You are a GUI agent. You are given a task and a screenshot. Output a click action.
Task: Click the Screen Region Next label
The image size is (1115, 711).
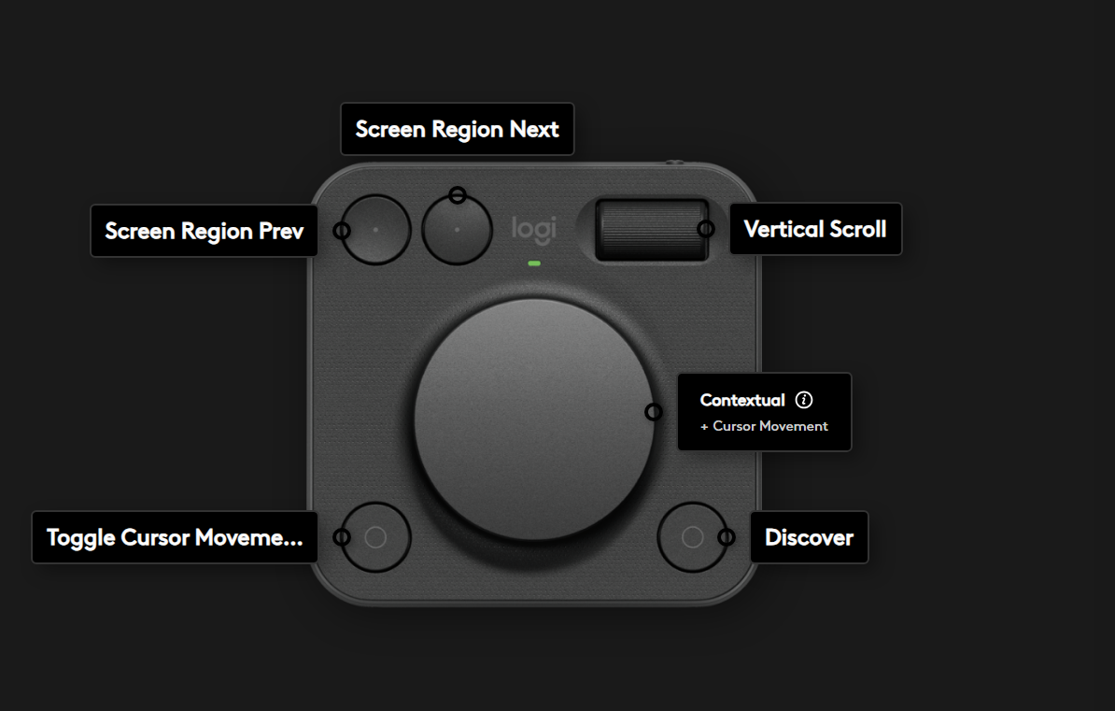click(x=458, y=129)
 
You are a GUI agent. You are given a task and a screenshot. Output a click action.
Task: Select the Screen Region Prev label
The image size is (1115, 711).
click(x=205, y=231)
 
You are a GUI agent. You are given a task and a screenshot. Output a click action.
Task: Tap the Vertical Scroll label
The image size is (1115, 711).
click(x=815, y=229)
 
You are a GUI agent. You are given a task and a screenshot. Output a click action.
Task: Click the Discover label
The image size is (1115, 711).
click(x=809, y=537)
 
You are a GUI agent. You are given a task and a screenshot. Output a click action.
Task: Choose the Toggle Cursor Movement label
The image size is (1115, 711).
click(x=175, y=537)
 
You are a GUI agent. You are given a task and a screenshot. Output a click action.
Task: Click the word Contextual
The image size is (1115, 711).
click(x=742, y=400)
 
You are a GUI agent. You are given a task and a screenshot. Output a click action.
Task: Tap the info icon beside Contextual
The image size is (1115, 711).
click(x=803, y=400)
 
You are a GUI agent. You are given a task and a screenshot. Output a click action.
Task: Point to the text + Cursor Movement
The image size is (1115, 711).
click(x=764, y=426)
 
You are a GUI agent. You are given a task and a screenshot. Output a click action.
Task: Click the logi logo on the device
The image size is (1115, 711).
click(x=533, y=229)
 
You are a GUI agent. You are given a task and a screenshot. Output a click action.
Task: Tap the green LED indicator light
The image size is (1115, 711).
click(x=534, y=263)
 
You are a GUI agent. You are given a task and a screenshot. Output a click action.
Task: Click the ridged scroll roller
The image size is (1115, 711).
click(x=652, y=230)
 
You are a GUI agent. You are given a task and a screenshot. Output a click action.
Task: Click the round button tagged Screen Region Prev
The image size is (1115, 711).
click(x=375, y=230)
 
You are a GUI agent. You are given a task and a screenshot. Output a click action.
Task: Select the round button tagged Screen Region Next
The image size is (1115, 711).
click(x=457, y=230)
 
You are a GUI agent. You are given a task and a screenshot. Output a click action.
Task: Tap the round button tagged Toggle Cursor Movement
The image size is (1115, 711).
click(x=375, y=537)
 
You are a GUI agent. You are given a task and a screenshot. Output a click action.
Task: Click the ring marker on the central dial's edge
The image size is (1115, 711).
click(x=654, y=411)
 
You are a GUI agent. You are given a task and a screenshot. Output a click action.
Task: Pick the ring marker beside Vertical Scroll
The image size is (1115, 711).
click(x=706, y=229)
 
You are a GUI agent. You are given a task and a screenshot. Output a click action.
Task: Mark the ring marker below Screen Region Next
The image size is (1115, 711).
click(x=458, y=194)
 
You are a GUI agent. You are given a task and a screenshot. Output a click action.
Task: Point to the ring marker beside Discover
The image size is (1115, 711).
click(x=726, y=537)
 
